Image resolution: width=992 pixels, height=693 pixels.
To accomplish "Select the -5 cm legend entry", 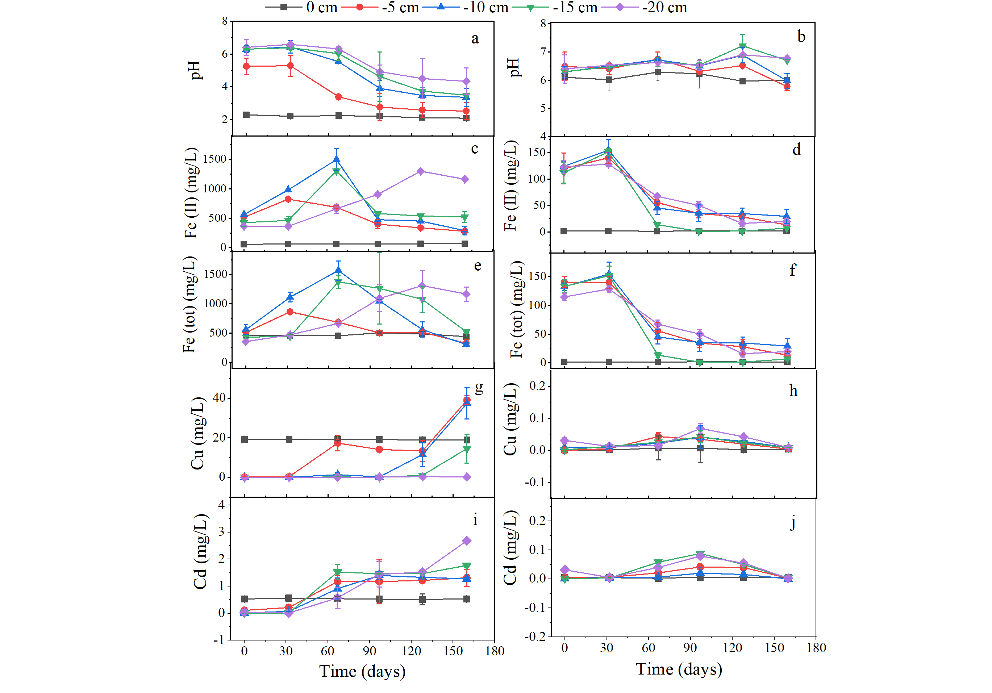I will pos(380,7).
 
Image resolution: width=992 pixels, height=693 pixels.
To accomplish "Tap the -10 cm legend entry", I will pos(465,7).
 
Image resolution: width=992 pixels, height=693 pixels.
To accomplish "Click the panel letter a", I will pos(475,39).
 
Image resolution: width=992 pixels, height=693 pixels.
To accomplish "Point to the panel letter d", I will pos(796,150).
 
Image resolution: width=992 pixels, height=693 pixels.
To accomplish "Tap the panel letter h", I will pos(793,391).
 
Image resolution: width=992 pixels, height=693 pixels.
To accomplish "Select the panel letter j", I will pos(792,523).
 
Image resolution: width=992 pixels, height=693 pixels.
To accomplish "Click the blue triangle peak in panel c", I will pos(336,159).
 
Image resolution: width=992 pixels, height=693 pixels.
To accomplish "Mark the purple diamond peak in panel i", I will pos(467,541).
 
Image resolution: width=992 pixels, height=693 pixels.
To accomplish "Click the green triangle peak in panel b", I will pos(742,46).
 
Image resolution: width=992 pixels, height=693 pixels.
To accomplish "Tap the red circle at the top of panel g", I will pos(467,400).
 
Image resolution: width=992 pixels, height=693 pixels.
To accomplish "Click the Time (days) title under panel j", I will pos(679,669).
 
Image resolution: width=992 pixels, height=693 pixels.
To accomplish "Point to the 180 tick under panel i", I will pos(495,651).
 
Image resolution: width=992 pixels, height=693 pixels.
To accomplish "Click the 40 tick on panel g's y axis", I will pos(220,397).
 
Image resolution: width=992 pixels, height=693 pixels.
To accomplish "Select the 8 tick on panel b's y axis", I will pos(543,23).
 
